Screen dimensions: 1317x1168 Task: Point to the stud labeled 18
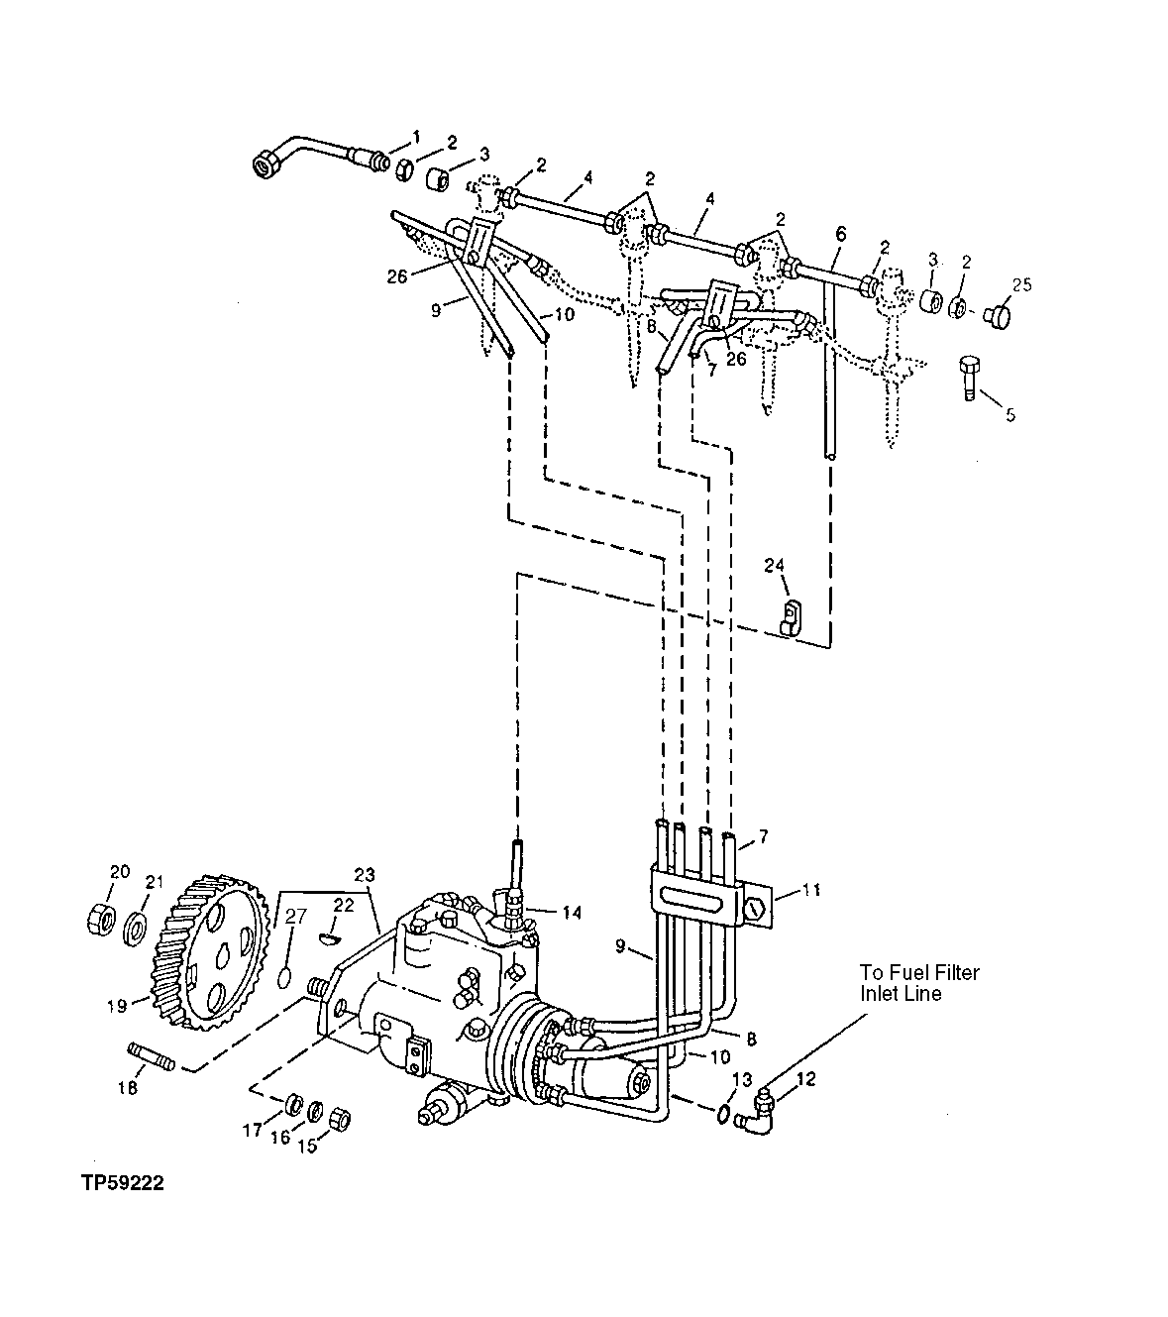point(151,1056)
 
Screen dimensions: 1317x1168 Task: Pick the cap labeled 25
point(998,317)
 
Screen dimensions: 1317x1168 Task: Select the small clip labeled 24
point(790,616)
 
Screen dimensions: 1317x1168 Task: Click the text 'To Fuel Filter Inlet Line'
point(918,982)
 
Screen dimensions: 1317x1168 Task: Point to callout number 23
point(365,874)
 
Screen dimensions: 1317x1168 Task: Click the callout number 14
point(571,912)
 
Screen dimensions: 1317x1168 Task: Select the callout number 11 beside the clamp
point(811,890)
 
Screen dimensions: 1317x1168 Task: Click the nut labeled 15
point(339,1119)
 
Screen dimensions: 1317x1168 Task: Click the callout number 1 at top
point(416,135)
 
